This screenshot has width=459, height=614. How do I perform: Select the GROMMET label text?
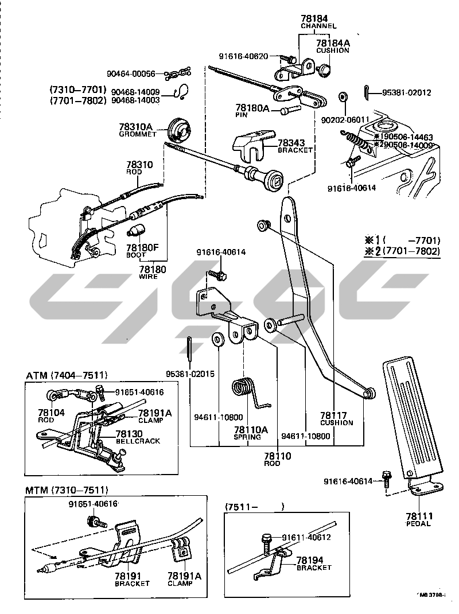pyautogui.click(x=137, y=134)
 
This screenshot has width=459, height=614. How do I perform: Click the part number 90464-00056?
pyautogui.click(x=131, y=74)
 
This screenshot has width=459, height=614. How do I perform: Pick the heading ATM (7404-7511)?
pyautogui.click(x=67, y=376)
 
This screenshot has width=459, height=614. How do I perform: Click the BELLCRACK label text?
pyautogui.click(x=138, y=441)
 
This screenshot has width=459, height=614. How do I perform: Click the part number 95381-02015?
pyautogui.click(x=190, y=374)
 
